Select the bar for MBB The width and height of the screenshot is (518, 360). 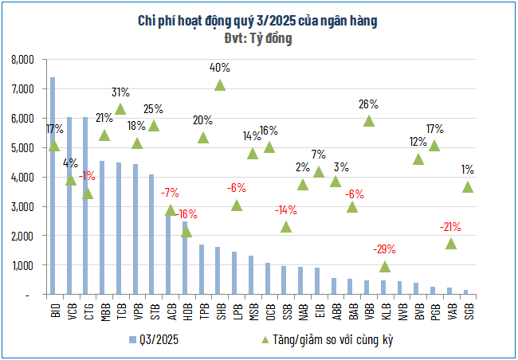click(103, 228)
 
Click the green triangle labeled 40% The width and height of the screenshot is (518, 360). click(219, 84)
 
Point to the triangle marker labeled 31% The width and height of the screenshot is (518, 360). click(120, 109)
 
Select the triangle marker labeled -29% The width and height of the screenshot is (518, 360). click(385, 267)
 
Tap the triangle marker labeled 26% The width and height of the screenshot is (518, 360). click(368, 121)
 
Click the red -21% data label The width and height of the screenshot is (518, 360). click(451, 227)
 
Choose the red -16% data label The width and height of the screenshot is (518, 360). click(187, 214)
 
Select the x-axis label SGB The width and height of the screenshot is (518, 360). click(468, 311)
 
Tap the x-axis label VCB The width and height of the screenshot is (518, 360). click(70, 311)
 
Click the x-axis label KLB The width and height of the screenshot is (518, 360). click(385, 311)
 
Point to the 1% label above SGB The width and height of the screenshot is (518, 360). click(468, 170)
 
